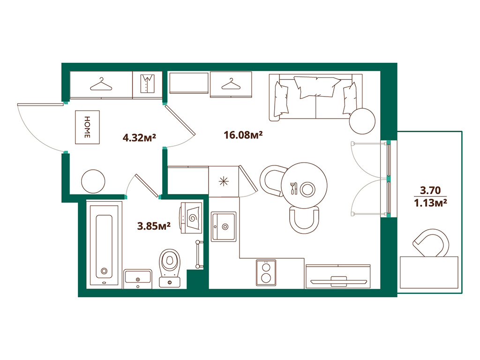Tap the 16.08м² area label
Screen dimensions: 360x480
[x=243, y=135]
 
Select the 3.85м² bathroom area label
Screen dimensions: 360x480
[x=153, y=226]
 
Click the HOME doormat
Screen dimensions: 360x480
[x=87, y=127]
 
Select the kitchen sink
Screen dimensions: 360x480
[x=224, y=226]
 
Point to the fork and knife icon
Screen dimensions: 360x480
[x=293, y=188]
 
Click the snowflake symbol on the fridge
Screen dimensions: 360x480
[x=224, y=181]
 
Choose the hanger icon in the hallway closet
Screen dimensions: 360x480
[x=102, y=84]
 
